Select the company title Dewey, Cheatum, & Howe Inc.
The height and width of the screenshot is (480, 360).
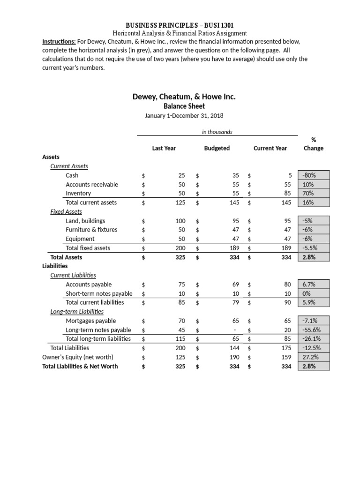point(184,97)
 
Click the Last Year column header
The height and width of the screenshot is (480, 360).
point(164,148)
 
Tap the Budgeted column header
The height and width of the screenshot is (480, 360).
point(217,148)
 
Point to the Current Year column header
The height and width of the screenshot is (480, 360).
point(270,148)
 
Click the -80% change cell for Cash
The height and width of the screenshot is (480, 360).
point(314,175)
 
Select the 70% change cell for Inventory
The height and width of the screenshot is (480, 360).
point(314,193)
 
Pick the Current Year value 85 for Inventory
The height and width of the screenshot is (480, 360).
point(287,193)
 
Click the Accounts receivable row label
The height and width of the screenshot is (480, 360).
point(92,184)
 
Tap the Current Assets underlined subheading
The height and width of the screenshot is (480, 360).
point(69,166)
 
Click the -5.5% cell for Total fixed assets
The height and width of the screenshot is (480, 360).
point(314,248)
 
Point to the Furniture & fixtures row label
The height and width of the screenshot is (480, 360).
point(91,230)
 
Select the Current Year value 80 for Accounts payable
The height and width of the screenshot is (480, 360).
point(287,285)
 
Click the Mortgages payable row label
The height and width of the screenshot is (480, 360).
point(91,321)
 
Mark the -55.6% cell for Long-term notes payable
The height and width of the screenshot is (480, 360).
point(314,330)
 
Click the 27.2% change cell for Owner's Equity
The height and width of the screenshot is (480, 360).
point(314,357)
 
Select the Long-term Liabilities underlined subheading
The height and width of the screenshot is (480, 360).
point(77,312)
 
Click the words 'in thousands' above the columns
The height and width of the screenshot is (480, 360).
point(217,132)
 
